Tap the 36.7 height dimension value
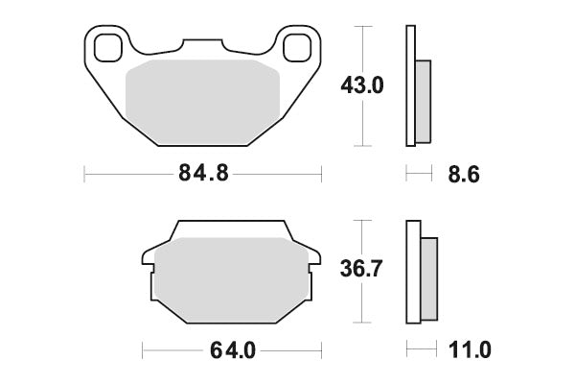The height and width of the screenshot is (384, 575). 363,270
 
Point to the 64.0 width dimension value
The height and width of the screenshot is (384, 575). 229,350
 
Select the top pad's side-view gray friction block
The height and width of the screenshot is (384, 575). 424,98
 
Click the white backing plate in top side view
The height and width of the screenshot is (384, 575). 411,86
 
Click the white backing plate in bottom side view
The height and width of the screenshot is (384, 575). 413,274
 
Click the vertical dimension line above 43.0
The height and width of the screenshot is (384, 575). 363,48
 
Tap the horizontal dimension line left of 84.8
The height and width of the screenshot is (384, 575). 125,175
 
